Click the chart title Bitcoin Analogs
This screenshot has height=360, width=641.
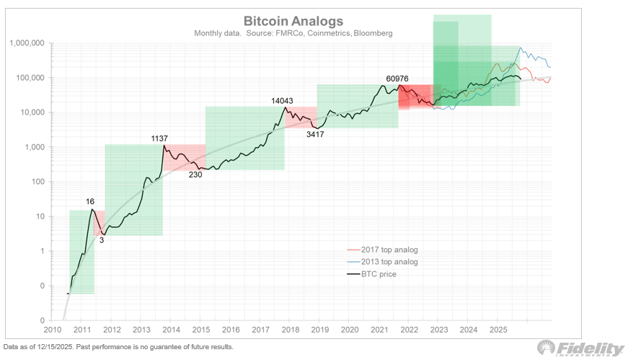[293, 22]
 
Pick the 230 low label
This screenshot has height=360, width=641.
[195, 175]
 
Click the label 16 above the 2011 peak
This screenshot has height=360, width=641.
[90, 202]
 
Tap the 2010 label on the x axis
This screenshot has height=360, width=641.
[52, 330]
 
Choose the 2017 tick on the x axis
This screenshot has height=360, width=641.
[260, 330]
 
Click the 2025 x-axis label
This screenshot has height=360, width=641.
[498, 330]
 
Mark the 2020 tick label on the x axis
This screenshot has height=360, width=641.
[350, 330]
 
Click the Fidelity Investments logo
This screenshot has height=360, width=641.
[591, 348]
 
